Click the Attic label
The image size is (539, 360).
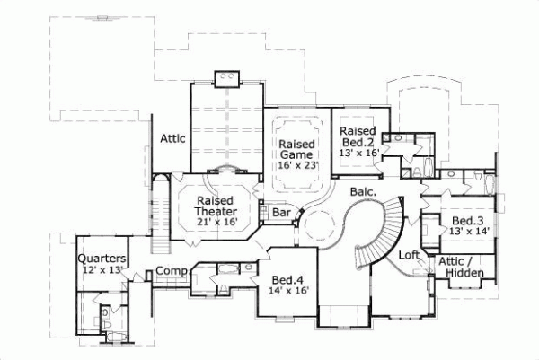pyautogui.click(x=172, y=138)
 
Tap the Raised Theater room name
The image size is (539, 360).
pyautogui.click(x=216, y=206)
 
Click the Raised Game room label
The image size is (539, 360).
pyautogui.click(x=295, y=150)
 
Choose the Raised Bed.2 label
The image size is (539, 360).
pyautogui.click(x=357, y=136)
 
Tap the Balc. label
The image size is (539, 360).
pyautogui.click(x=361, y=191)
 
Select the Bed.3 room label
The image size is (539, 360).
pyautogui.click(x=468, y=221)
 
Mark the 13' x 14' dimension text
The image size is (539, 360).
pyautogui.click(x=468, y=233)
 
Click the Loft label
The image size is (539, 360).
pyautogui.click(x=410, y=254)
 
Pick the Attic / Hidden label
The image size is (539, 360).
pyautogui.click(x=462, y=267)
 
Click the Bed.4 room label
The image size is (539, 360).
pyautogui.click(x=287, y=279)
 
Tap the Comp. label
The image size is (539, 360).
pyautogui.click(x=171, y=271)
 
